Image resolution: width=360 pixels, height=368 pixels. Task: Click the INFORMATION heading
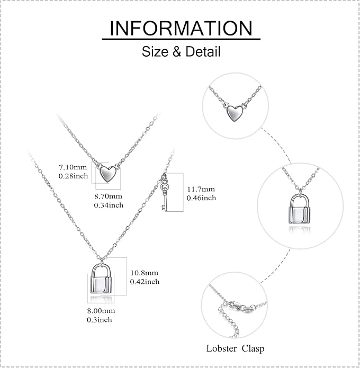[181, 29]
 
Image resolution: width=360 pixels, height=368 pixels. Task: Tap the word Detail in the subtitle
[203, 52]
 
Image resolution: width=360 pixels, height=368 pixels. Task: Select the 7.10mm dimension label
[73, 167]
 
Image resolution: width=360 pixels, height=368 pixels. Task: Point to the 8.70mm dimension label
[108, 196]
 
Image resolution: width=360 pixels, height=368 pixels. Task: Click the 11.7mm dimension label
[201, 189]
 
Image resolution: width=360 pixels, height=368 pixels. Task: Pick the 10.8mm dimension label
[145, 273]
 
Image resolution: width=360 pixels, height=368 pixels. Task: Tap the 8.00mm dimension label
[101, 311]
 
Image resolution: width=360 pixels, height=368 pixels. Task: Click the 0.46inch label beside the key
[201, 198]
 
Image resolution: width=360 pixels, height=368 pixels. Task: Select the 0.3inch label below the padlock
[100, 320]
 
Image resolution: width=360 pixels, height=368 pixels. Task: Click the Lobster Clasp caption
[235, 348]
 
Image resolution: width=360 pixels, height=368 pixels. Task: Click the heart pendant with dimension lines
[107, 174]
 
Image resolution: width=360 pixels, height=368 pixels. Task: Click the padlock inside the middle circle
[299, 209]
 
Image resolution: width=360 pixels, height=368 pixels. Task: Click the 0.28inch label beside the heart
[73, 176]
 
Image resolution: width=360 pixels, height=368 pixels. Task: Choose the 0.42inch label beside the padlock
[145, 282]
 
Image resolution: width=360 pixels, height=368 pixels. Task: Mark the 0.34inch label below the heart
[109, 205]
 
